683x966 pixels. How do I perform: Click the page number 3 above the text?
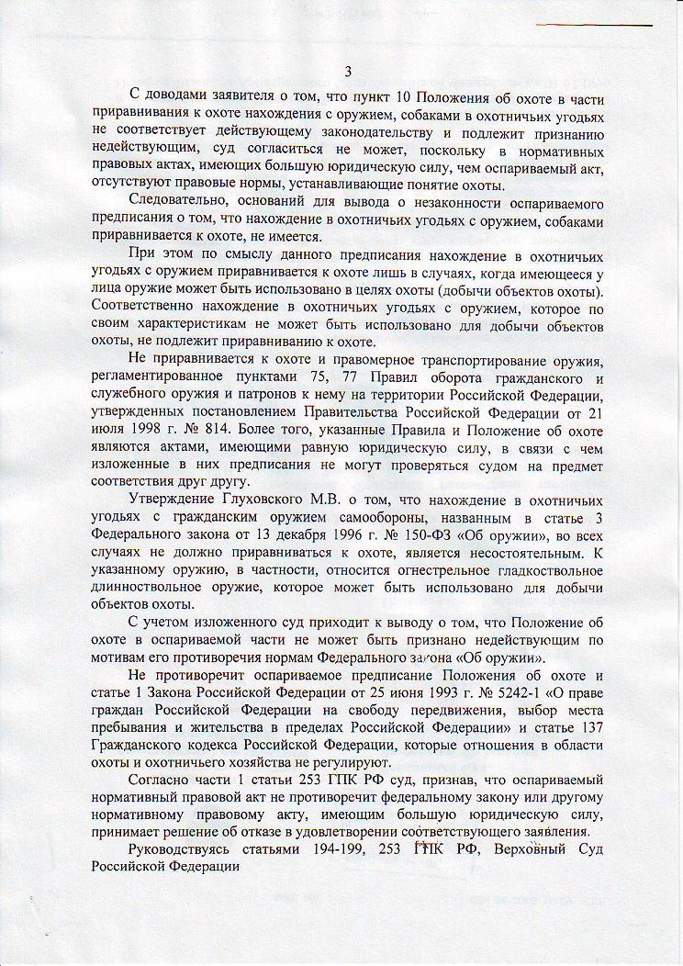click(x=348, y=72)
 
